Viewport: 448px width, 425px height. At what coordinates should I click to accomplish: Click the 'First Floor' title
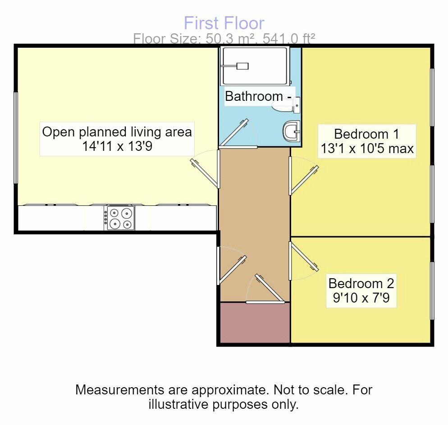[x=224, y=23]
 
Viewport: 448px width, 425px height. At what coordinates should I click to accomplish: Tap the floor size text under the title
[x=224, y=39]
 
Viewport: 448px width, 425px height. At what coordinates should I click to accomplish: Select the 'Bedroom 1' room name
[x=366, y=134]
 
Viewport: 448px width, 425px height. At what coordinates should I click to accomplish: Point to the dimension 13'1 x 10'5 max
[x=366, y=149]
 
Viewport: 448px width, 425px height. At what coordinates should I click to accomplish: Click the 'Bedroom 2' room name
[x=361, y=283]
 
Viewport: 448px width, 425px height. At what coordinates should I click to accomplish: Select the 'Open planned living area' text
[x=117, y=132]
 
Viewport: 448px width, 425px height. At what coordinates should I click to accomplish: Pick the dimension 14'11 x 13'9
[x=117, y=147]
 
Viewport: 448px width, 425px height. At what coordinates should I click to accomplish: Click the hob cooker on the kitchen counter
[x=119, y=218]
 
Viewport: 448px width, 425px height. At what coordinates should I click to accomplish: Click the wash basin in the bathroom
[x=292, y=132]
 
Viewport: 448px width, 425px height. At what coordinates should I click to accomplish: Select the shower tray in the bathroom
[x=254, y=66]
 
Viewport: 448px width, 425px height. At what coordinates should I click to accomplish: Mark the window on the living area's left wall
[x=16, y=138]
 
